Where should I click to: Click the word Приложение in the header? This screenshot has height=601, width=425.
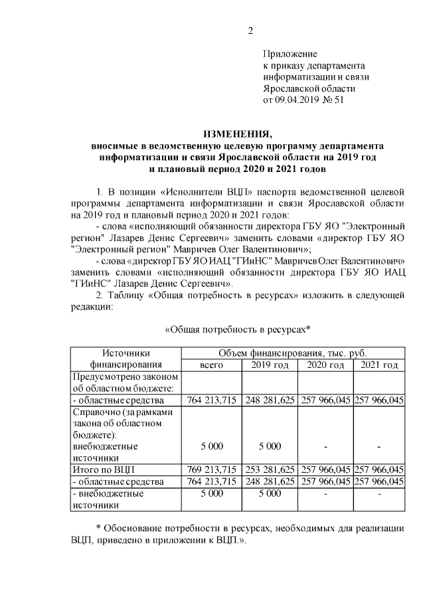(x=290, y=54)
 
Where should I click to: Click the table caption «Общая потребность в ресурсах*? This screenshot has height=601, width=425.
(x=237, y=329)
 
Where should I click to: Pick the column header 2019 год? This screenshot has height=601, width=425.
(x=270, y=365)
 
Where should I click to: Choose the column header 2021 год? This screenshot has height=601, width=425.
(x=379, y=365)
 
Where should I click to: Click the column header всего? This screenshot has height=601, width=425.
(x=212, y=365)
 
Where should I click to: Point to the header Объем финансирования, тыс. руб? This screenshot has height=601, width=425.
(x=292, y=353)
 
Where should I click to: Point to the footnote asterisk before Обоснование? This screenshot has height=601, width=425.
(x=98, y=527)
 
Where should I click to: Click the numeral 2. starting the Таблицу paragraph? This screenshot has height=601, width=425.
(x=101, y=296)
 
